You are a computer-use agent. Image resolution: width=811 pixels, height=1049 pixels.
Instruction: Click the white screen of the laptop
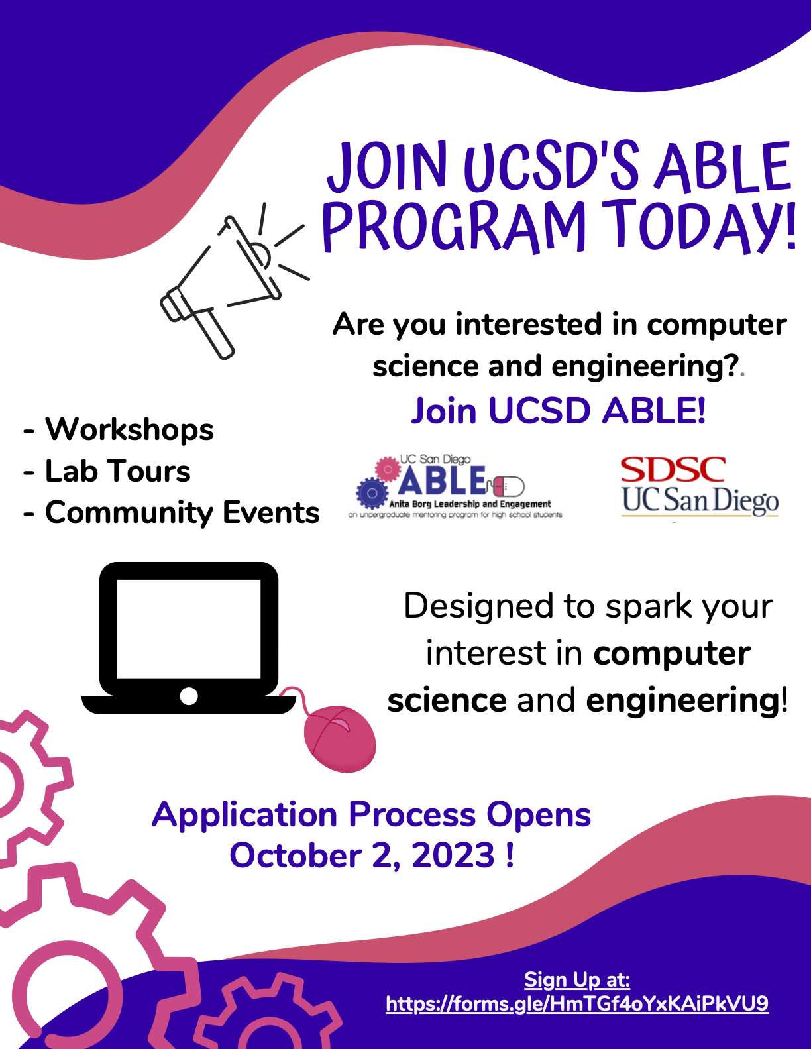tap(189, 628)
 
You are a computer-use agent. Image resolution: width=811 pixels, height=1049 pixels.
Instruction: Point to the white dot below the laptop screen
tap(189, 696)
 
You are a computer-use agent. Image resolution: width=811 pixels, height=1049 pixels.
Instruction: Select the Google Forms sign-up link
tap(576, 1003)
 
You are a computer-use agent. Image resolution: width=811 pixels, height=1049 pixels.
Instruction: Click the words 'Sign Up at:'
tap(576, 979)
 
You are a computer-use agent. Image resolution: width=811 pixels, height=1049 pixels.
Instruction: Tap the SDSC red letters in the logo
tap(673, 470)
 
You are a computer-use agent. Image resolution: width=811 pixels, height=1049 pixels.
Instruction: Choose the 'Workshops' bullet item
tap(129, 429)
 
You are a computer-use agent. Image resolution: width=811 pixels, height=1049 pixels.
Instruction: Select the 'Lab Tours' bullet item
tap(117, 471)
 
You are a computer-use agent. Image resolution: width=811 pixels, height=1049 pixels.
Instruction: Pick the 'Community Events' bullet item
tap(182, 512)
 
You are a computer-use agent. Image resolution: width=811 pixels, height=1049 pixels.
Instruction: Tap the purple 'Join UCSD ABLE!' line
tap(558, 411)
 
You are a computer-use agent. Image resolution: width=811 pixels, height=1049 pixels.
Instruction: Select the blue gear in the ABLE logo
tap(372, 493)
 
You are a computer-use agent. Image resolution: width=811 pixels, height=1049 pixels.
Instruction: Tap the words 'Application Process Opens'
tap(371, 814)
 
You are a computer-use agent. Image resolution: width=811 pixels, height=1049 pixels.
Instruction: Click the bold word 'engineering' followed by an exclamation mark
tap(682, 700)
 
